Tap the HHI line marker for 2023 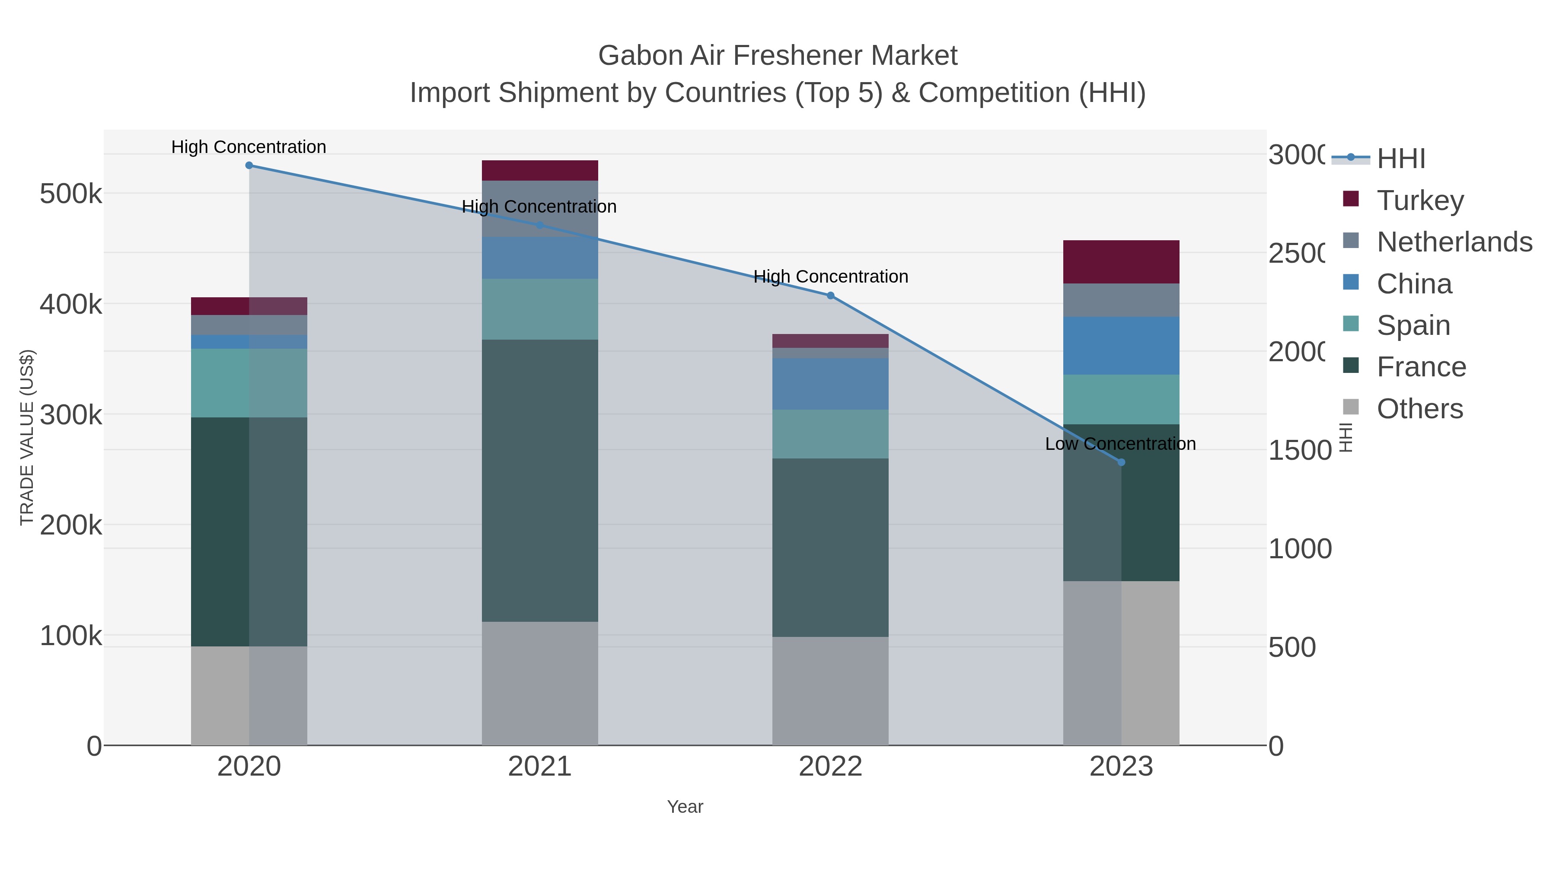click(x=1121, y=462)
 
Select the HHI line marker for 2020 click(x=249, y=165)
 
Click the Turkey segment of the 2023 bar click(x=1121, y=261)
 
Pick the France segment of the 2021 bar click(x=539, y=480)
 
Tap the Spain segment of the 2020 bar click(x=249, y=383)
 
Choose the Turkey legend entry click(x=1419, y=200)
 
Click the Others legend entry click(x=1419, y=409)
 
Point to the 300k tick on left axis click(x=71, y=415)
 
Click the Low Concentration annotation click(x=1120, y=444)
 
